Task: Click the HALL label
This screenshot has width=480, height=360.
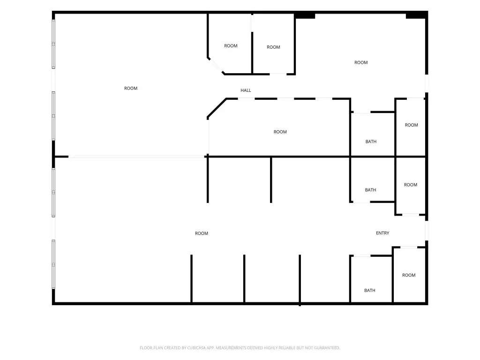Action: click(x=246, y=90)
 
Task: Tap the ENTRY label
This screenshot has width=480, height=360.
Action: click(x=382, y=233)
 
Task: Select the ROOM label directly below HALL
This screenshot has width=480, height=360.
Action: click(x=280, y=132)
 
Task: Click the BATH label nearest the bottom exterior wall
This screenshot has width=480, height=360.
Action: click(x=369, y=290)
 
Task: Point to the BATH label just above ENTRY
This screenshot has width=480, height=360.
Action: click(x=370, y=190)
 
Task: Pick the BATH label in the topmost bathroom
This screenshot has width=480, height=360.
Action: click(x=371, y=142)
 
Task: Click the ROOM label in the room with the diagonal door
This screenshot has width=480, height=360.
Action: click(x=231, y=46)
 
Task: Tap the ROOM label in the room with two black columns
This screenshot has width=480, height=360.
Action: click(x=361, y=62)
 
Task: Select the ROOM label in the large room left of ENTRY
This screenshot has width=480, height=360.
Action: click(x=202, y=233)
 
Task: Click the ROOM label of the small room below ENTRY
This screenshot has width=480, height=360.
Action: click(x=409, y=275)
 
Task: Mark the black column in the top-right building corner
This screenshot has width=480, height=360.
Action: click(x=416, y=15)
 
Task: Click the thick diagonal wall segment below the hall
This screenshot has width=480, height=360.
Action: click(x=217, y=108)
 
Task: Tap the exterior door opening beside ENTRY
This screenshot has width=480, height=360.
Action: click(x=427, y=230)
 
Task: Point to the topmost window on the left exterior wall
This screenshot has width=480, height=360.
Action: click(x=53, y=44)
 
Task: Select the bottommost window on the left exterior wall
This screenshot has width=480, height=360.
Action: click(x=53, y=264)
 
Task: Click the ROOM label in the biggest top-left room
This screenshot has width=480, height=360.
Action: click(x=131, y=88)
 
